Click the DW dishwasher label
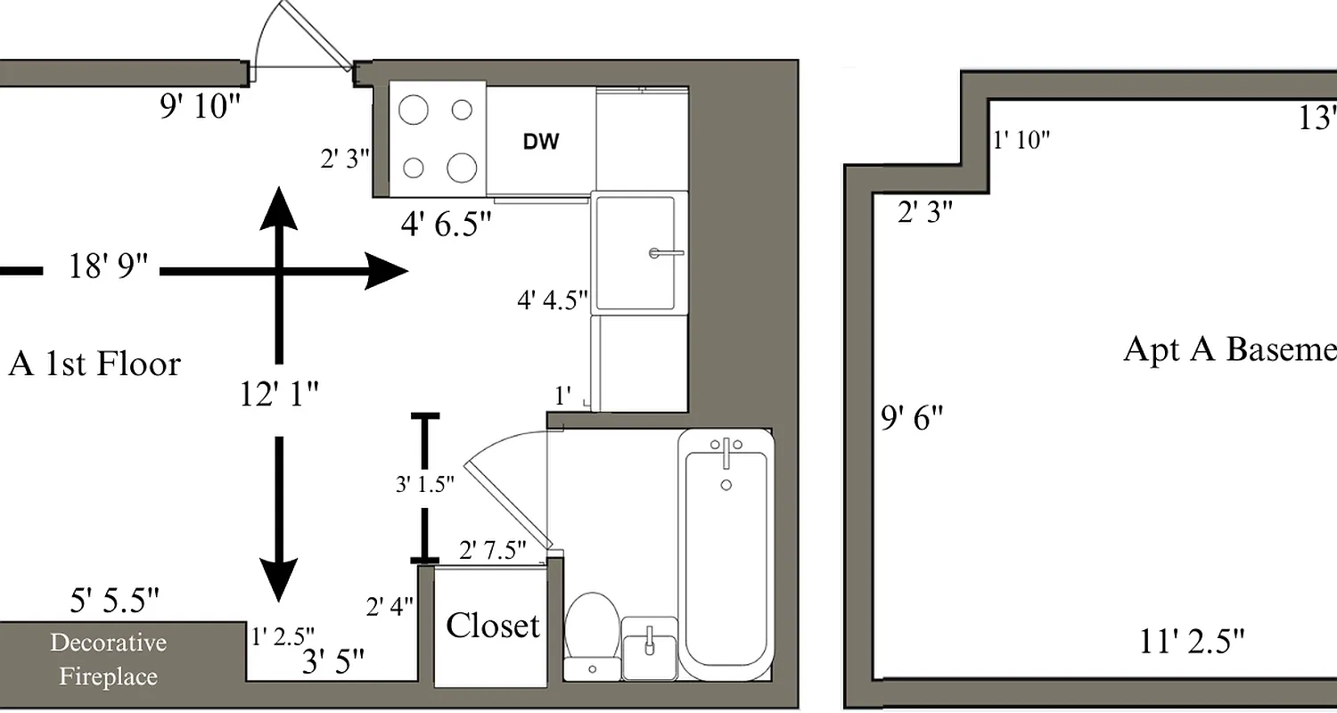(540, 140)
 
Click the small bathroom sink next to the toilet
(650, 649)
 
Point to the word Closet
(492, 626)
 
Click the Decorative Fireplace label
(108, 660)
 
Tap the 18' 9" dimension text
(108, 266)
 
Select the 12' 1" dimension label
(279, 393)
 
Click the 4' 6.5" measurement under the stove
(446, 224)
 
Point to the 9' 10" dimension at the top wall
(201, 107)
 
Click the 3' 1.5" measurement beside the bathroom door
(424, 485)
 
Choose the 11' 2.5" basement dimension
(1192, 641)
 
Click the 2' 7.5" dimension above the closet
(492, 550)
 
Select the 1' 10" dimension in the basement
(1021, 140)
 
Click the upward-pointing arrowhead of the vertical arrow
(279, 207)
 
